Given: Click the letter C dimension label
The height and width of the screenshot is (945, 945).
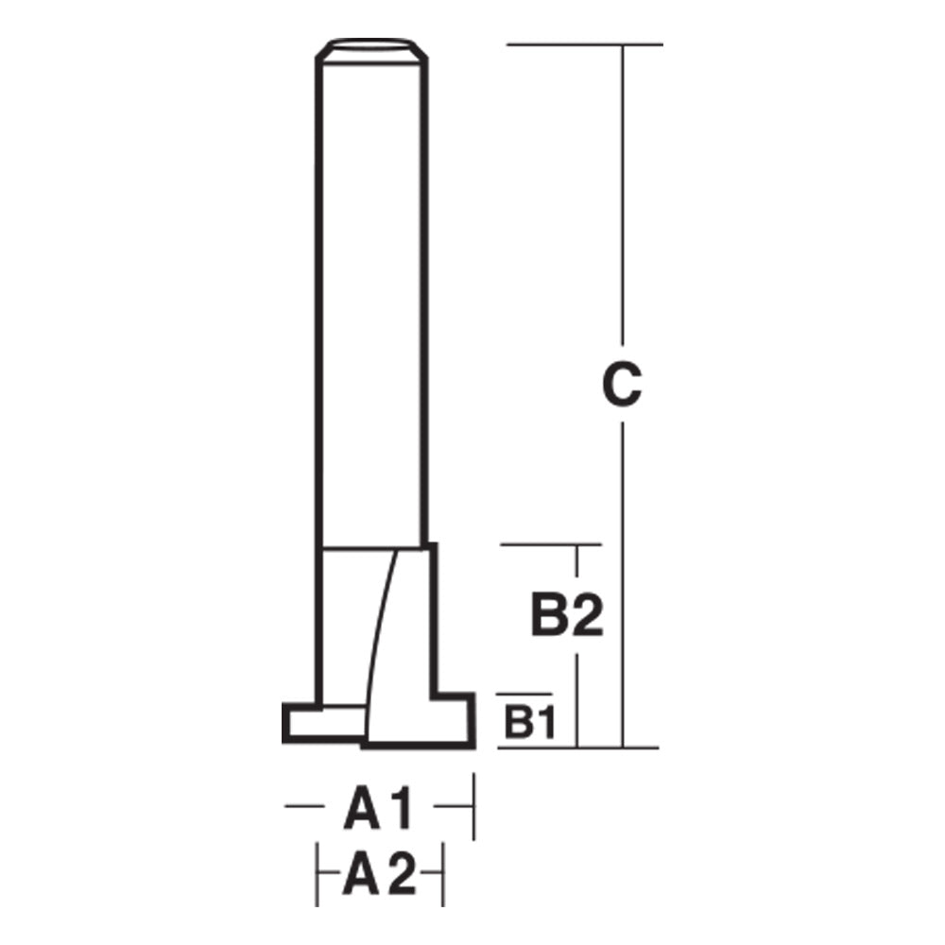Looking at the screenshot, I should point(622,386).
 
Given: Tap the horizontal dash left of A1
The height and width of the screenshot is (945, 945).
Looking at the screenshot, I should point(302,806).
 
